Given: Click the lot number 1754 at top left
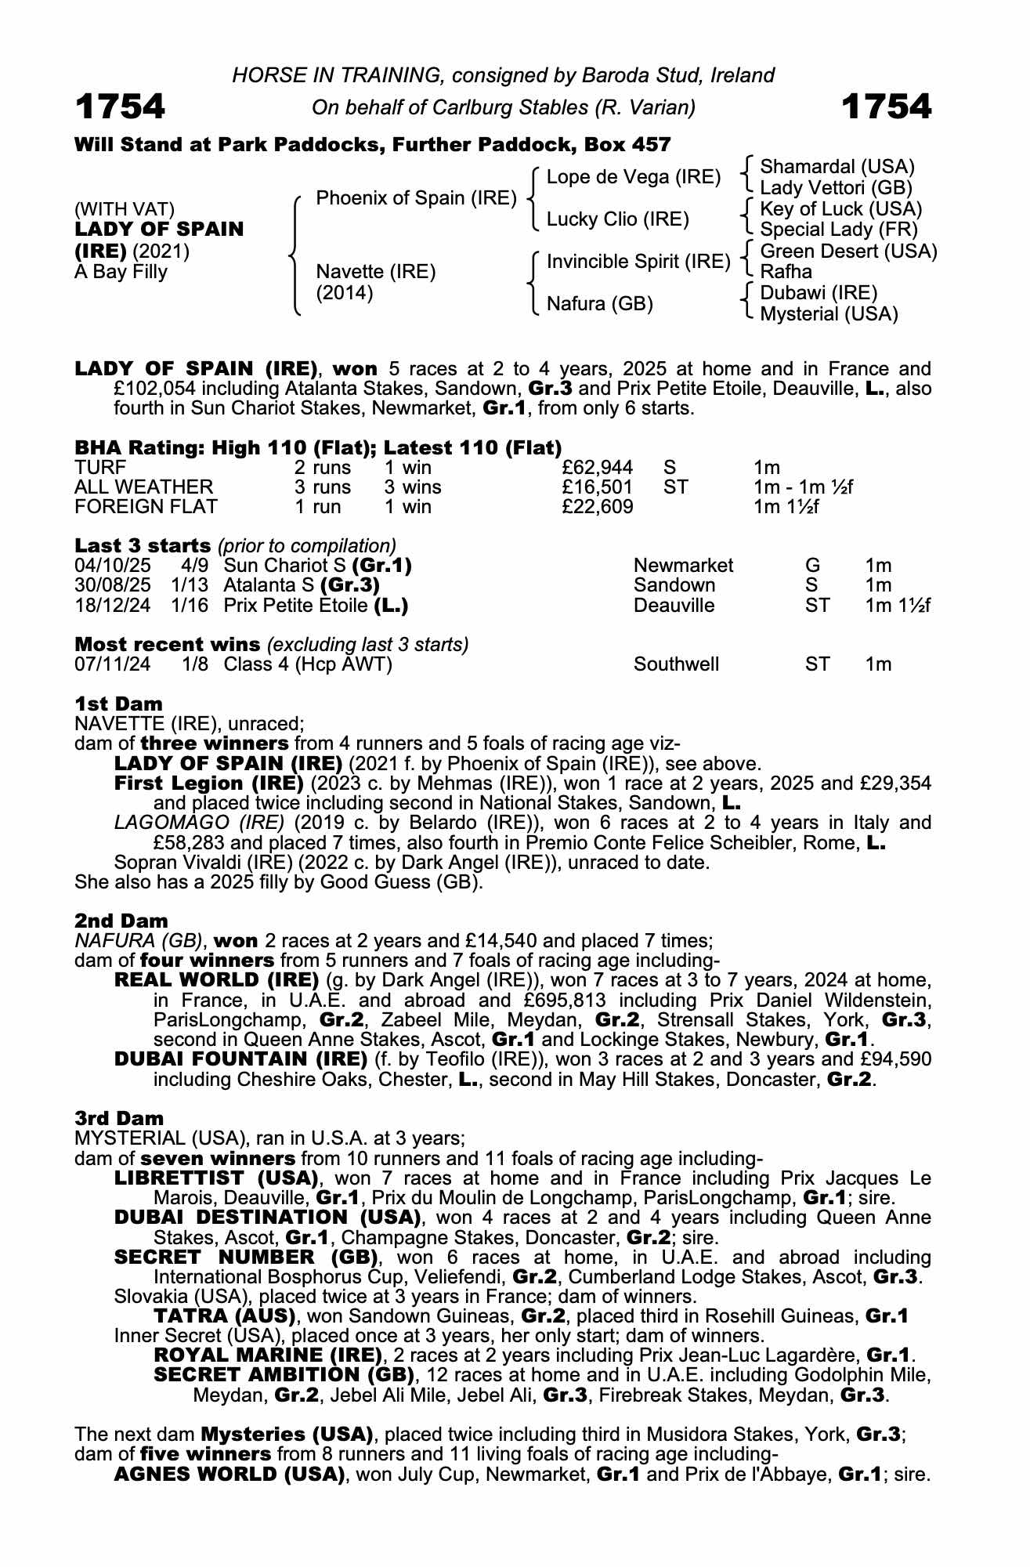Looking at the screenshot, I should pyautogui.click(x=120, y=107).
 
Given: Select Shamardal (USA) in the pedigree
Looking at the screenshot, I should pyautogui.click(x=837, y=167).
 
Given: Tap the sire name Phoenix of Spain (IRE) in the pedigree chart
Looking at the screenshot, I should pyautogui.click(x=416, y=198).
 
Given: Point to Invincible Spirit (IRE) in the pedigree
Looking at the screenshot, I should pyautogui.click(x=638, y=262).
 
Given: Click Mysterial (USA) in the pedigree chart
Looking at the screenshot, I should pyautogui.click(x=829, y=314).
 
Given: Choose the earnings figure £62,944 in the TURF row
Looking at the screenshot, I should pyautogui.click(x=598, y=468).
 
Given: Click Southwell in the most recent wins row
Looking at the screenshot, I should pyautogui.click(x=676, y=664).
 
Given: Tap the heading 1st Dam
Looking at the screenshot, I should pyautogui.click(x=118, y=704).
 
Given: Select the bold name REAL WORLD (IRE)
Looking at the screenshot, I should pyautogui.click(x=216, y=980).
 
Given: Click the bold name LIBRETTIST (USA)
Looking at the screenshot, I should pyautogui.click(x=216, y=1178).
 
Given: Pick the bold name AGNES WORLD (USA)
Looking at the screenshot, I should pyautogui.click(x=229, y=1475).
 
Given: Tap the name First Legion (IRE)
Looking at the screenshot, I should pyautogui.click(x=208, y=783).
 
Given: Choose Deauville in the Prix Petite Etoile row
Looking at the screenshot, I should pyautogui.click(x=674, y=606).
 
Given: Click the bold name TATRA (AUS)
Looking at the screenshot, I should pyautogui.click(x=224, y=1316).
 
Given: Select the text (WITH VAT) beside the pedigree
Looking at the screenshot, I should pyautogui.click(x=125, y=209).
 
